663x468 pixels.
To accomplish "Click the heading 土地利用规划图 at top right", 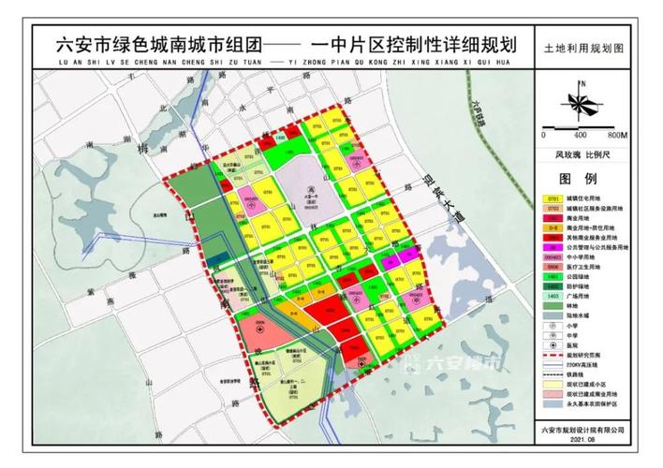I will click(x=582, y=46).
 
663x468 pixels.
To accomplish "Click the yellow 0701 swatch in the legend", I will click(x=549, y=199).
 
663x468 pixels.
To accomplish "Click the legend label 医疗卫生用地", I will click(x=586, y=266).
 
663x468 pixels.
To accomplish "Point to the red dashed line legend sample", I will click(x=549, y=357).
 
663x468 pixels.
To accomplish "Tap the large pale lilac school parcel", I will click(x=308, y=183).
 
